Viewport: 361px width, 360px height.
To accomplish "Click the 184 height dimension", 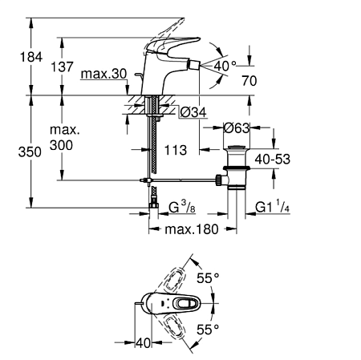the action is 31,57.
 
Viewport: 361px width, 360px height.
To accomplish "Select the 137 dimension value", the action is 62,67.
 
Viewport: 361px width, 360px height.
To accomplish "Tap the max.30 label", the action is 103,74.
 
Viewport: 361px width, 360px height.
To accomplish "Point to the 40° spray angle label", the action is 225,66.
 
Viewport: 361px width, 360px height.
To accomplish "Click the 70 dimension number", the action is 249,81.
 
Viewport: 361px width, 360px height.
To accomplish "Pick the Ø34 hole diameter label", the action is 193,112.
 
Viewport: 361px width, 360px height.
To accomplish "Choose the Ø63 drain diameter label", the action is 237,128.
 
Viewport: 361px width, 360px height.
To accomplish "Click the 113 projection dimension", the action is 176,150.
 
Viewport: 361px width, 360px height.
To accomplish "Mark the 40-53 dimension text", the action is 272,160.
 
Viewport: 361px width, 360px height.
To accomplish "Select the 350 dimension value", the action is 30,152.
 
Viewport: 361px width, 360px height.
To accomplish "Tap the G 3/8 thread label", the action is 182,208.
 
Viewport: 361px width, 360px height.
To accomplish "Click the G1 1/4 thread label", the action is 272,207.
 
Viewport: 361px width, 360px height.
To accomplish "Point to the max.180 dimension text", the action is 192,229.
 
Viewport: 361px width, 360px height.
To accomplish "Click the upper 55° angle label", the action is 208,278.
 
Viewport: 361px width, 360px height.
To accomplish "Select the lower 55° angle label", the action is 208,330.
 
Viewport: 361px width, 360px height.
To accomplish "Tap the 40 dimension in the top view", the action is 144,343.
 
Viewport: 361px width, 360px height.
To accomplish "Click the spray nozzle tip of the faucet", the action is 194,65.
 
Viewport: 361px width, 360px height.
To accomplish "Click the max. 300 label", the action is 64,138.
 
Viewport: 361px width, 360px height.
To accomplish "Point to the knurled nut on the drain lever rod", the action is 219,180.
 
